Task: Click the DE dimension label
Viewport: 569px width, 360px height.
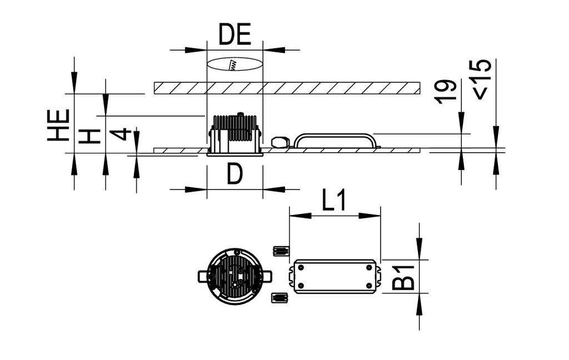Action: pyautogui.click(x=234, y=34)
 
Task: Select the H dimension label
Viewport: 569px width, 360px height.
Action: pyautogui.click(x=89, y=135)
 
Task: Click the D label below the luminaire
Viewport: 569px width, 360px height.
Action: pyautogui.click(x=234, y=175)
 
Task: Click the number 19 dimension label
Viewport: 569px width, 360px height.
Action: pyautogui.click(x=447, y=91)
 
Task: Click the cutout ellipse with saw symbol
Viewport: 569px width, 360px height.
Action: pyautogui.click(x=234, y=64)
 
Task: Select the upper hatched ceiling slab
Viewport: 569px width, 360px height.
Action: pyautogui.click(x=286, y=88)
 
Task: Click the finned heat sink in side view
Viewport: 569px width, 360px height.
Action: pyautogui.click(x=234, y=128)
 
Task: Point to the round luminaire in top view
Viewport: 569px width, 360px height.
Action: pyautogui.click(x=234, y=276)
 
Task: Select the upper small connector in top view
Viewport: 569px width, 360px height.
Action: pyautogui.click(x=281, y=251)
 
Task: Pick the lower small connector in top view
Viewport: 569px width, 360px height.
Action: pyautogui.click(x=279, y=298)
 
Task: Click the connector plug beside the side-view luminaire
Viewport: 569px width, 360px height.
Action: pyautogui.click(x=281, y=142)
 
